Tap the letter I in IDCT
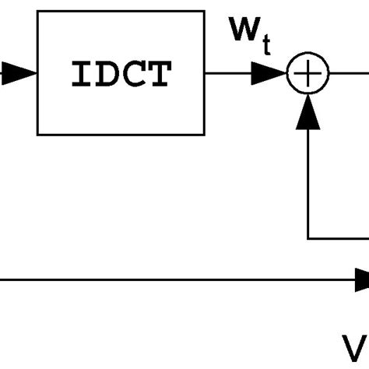[79, 74]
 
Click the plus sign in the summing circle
[309, 74]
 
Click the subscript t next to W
[265, 47]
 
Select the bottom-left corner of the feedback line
[309, 238]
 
